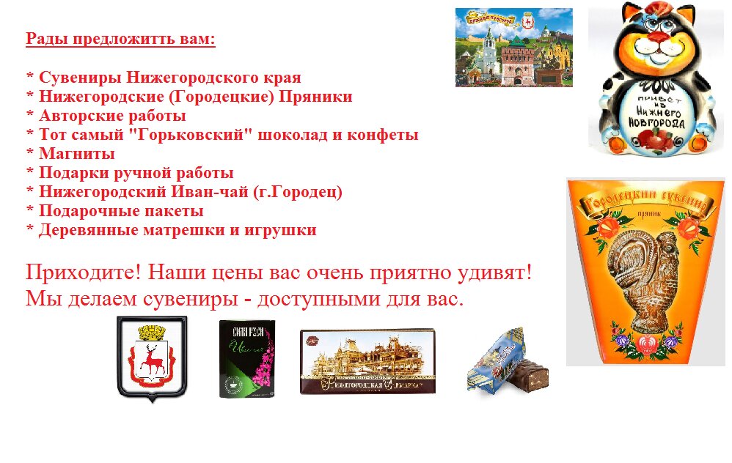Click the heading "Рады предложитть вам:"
(120, 39)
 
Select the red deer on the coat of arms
(153, 358)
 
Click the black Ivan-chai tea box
(247, 359)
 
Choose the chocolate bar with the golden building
(367, 361)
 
